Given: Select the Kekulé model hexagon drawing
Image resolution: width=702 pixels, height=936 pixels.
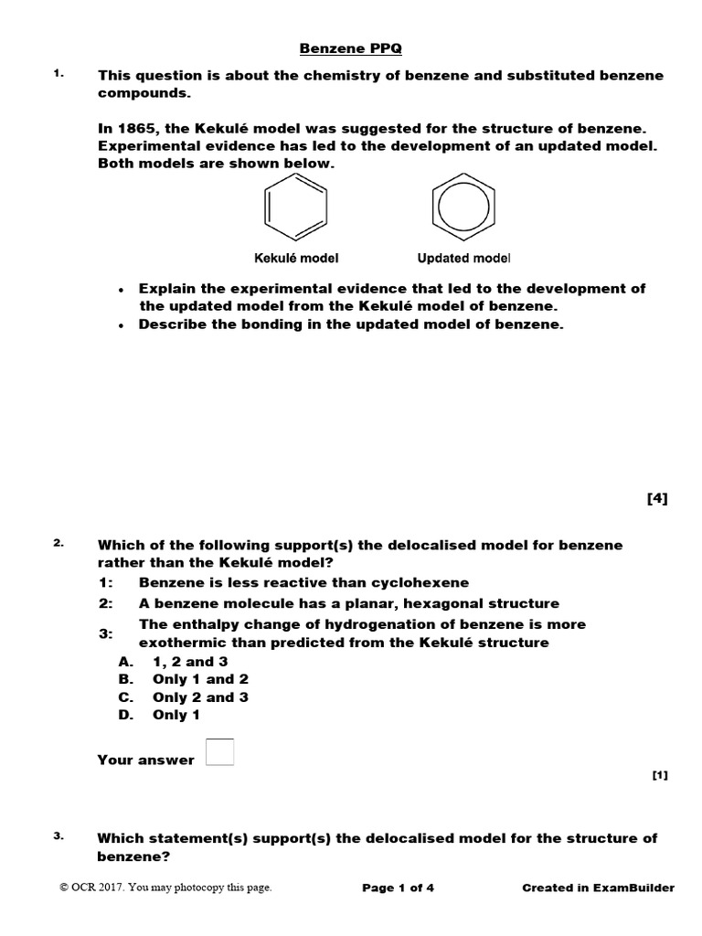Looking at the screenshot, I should (x=295, y=208).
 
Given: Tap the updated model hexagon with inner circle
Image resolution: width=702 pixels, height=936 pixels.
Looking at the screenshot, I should (x=463, y=208).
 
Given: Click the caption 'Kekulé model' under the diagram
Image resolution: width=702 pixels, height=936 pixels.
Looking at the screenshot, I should (x=290, y=258).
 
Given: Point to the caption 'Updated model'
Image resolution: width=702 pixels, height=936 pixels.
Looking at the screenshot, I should (x=463, y=258).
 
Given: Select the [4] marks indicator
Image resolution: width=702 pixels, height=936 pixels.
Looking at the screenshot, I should (x=657, y=498).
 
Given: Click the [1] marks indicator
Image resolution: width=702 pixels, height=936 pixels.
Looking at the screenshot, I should (x=660, y=776).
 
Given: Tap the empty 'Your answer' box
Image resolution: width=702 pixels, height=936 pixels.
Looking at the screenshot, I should (x=220, y=752).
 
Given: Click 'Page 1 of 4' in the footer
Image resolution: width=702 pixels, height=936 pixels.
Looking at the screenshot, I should (x=398, y=888).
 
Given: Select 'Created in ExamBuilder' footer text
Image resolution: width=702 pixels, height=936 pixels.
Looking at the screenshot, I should (x=598, y=888).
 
